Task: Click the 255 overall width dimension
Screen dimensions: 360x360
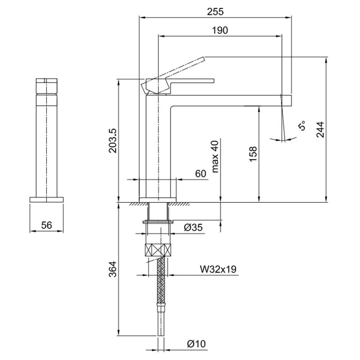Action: coord(215,11)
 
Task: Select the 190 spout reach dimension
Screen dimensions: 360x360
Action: coord(220,30)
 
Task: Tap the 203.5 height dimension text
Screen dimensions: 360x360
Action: coord(113,140)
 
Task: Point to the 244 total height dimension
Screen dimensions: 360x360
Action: coord(320,130)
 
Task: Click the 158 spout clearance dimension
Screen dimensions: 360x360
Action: coord(253,154)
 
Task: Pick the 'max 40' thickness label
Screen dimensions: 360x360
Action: coord(215,156)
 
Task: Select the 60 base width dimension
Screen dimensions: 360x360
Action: coord(201,174)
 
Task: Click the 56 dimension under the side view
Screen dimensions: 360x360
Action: coord(47,225)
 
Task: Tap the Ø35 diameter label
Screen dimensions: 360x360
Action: coord(193,227)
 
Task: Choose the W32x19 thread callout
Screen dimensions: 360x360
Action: coord(218,269)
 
